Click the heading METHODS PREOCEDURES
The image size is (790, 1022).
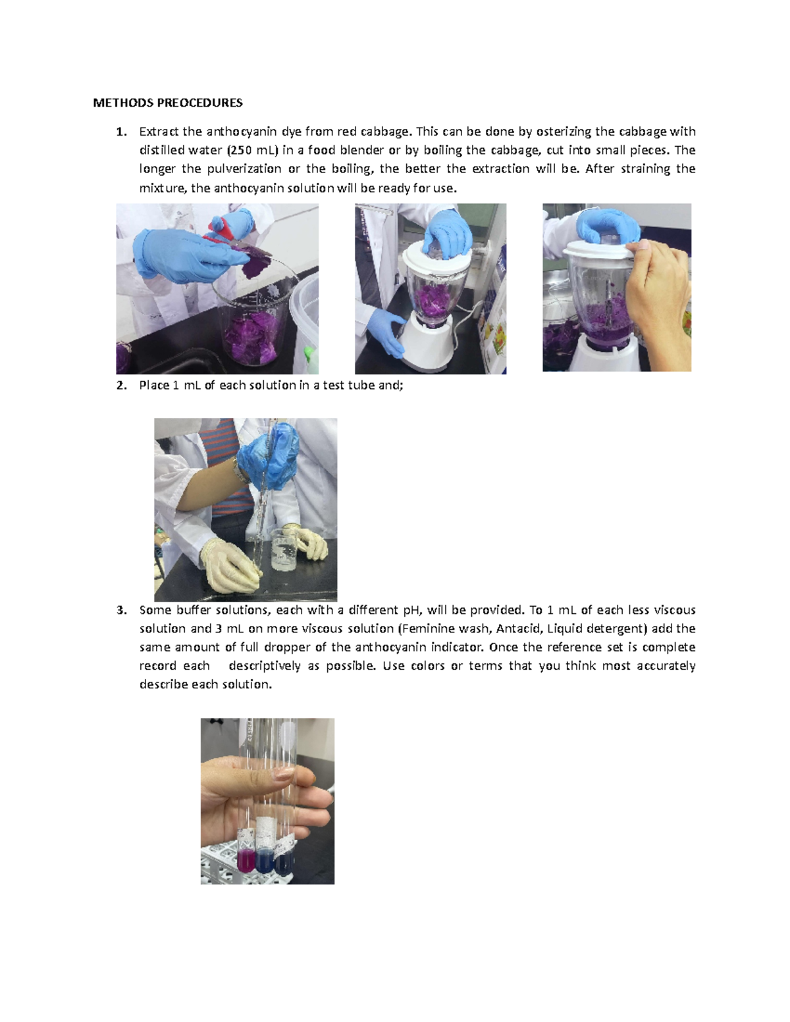(x=167, y=103)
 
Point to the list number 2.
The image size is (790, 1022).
(x=120, y=386)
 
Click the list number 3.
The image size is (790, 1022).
(x=120, y=610)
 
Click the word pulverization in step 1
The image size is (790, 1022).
(x=244, y=168)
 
